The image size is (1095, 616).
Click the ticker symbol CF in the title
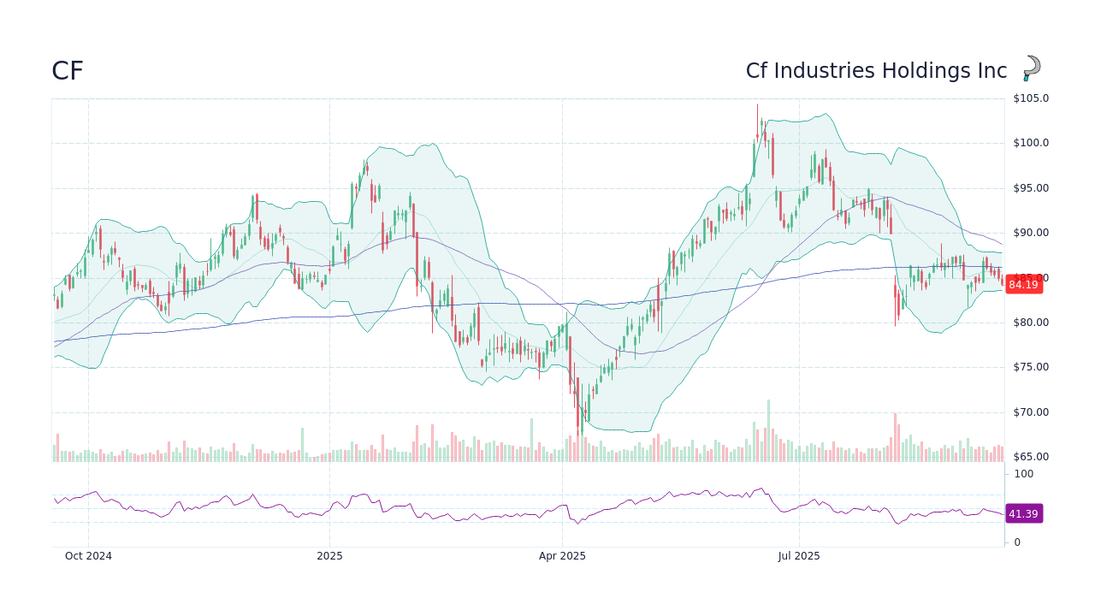pos(68,71)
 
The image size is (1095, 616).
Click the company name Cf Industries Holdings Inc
pos(876,71)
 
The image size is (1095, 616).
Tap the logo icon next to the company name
pos(1032,68)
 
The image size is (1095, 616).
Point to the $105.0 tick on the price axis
pos(1031,98)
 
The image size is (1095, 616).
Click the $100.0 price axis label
pos(1031,143)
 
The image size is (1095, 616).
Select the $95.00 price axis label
pos(1031,188)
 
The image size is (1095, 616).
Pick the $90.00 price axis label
pos(1031,233)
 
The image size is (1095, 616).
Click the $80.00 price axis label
pos(1031,323)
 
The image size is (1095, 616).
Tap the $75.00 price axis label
pos(1031,367)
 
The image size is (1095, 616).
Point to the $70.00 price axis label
pos(1031,412)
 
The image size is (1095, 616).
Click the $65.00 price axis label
pos(1031,457)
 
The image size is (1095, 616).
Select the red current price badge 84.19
pos(1023,285)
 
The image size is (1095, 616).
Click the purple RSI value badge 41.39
pos(1023,514)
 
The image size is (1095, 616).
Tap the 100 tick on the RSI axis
pos(1024,474)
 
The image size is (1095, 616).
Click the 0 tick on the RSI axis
pos(1017,542)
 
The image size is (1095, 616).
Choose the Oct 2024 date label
pos(88,556)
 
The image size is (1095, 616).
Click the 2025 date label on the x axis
pos(329,556)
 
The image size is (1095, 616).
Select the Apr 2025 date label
pos(562,556)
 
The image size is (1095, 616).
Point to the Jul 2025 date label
pos(799,556)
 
